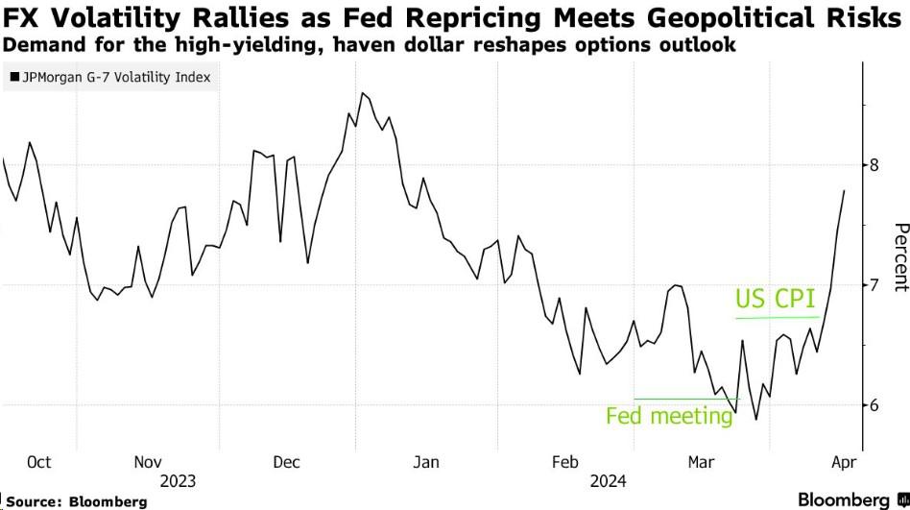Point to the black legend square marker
[x=12, y=78]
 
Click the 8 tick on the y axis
[x=874, y=165]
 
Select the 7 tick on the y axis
[x=874, y=285]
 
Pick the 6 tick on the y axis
[x=874, y=405]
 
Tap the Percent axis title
[x=900, y=256]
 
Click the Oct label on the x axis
[x=38, y=463]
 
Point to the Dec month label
[x=287, y=463]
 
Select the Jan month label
[x=425, y=463]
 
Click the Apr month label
[x=836, y=463]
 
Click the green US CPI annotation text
[x=775, y=301]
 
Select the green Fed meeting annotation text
[x=669, y=416]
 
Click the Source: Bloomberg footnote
[x=76, y=501]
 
